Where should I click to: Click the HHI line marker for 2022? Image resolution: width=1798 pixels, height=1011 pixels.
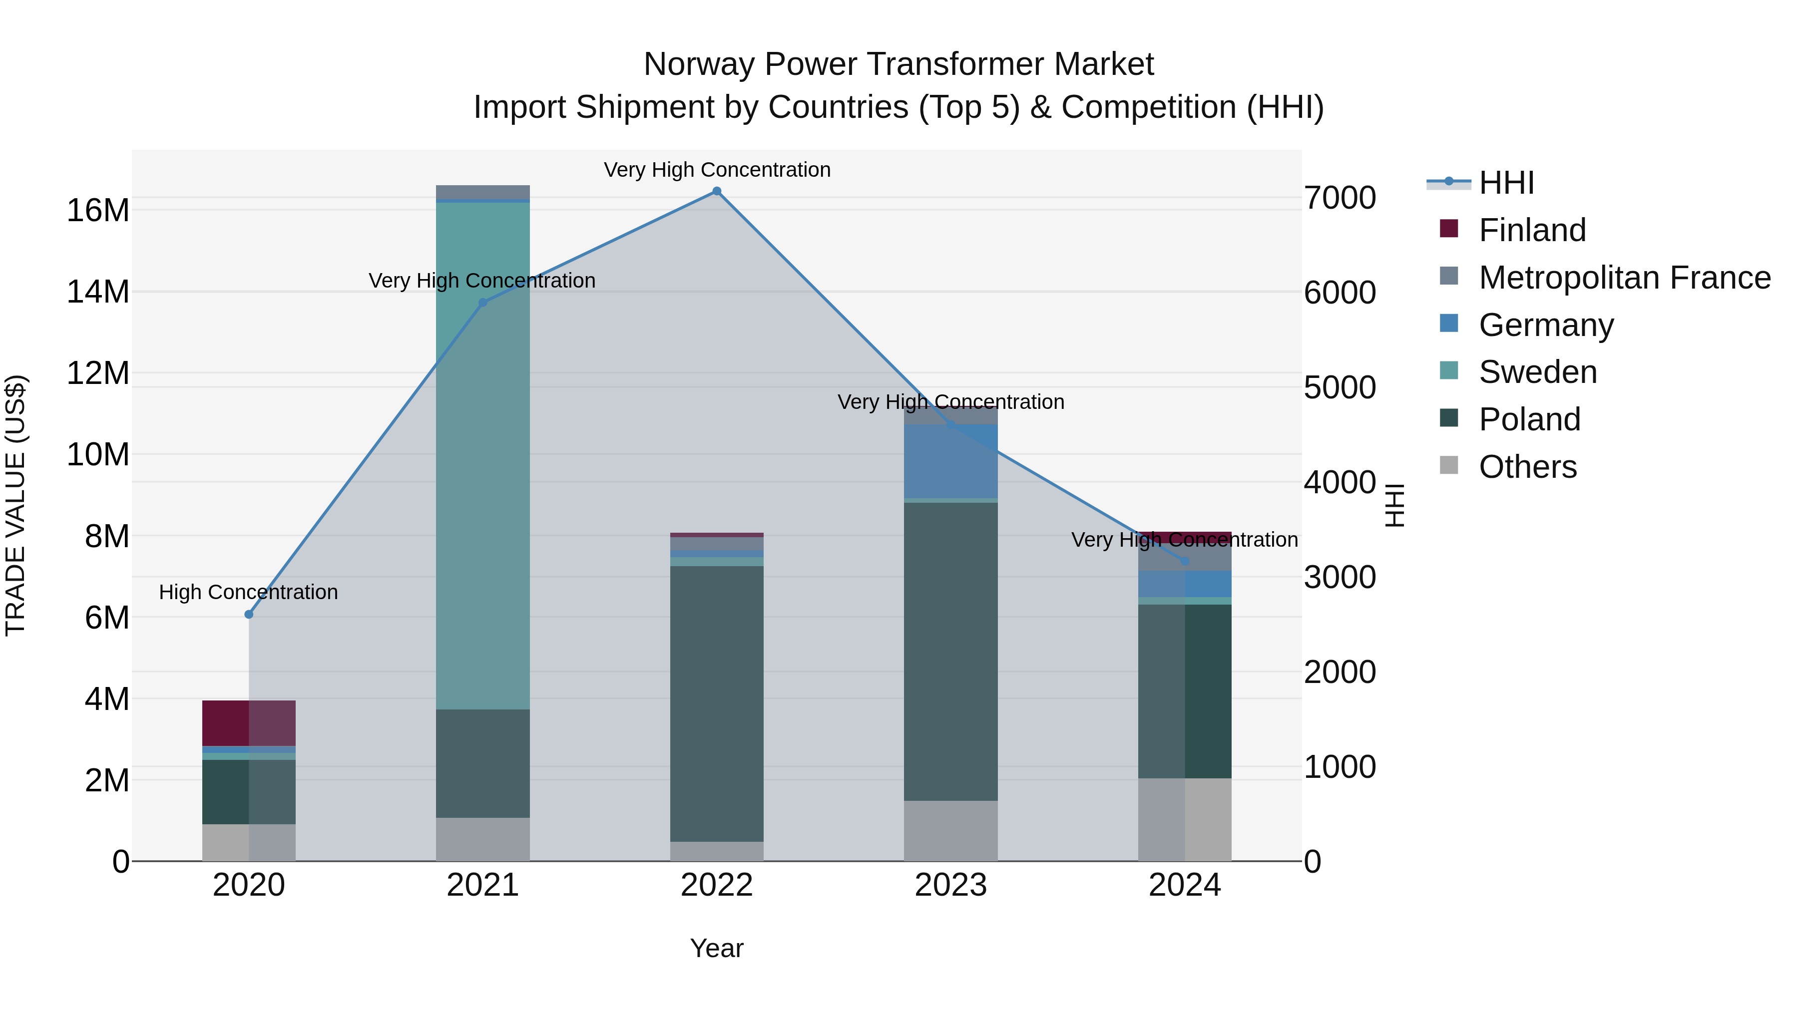[716, 191]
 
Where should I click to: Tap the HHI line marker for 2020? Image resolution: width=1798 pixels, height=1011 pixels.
[249, 614]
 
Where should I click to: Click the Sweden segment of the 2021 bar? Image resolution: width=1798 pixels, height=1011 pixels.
[482, 453]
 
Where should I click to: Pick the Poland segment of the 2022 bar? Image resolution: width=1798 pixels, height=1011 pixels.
[716, 703]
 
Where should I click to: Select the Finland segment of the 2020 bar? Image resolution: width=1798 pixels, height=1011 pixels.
[249, 723]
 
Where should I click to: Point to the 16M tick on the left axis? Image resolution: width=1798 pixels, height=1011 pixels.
[98, 210]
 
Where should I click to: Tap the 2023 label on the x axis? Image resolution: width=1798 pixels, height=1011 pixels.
[950, 885]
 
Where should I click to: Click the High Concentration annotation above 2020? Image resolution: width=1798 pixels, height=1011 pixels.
[249, 592]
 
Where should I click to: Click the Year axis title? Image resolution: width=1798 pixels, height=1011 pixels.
[716, 948]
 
